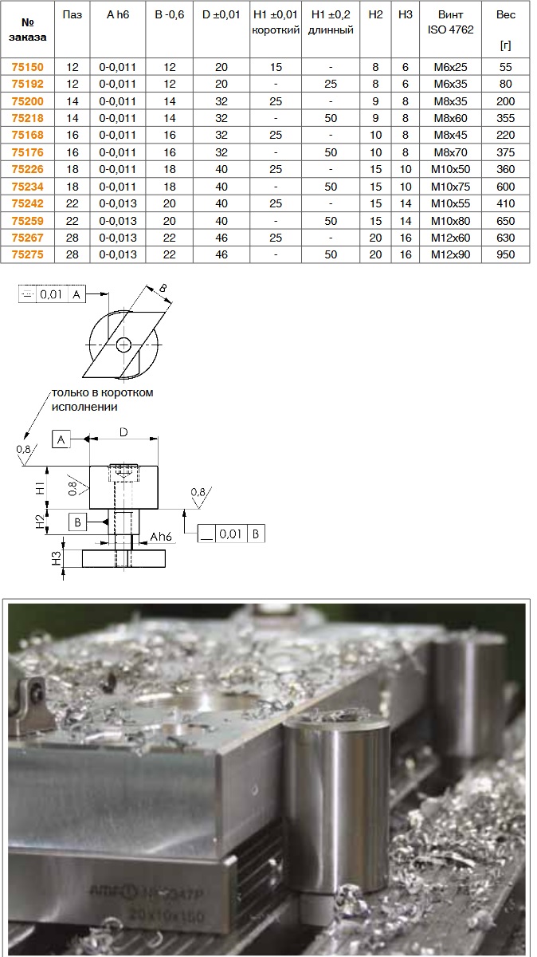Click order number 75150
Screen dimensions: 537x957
[x=27, y=67]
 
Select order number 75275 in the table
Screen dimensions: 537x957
[x=27, y=254]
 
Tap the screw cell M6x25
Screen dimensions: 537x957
[x=450, y=67]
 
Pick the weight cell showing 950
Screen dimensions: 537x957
[x=505, y=254]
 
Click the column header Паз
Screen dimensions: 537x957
[x=73, y=15]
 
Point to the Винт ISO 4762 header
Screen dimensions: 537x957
[x=450, y=22]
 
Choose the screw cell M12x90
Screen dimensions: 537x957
[x=450, y=254]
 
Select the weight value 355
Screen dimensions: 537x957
[x=505, y=118]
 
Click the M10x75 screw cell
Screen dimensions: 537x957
[x=450, y=187]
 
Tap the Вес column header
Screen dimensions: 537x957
[x=505, y=15]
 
